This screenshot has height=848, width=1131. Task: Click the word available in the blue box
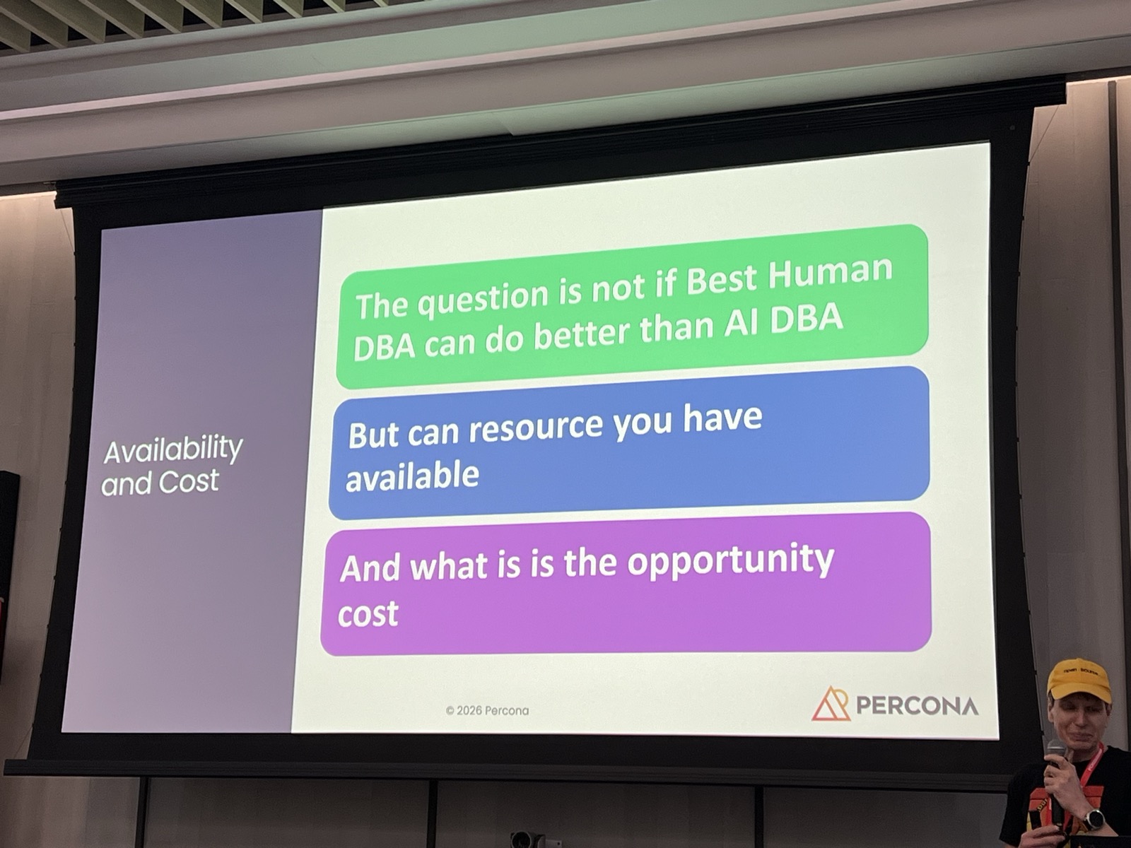412,477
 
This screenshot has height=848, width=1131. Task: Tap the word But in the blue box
373,435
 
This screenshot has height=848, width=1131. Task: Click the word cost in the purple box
368,614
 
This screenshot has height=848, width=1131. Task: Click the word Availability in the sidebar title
173,449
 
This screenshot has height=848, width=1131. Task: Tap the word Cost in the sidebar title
188,482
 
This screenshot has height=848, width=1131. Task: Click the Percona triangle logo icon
831,703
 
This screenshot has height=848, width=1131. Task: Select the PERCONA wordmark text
917,705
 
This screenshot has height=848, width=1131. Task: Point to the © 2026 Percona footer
487,710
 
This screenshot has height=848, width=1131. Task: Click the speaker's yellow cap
1077,677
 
